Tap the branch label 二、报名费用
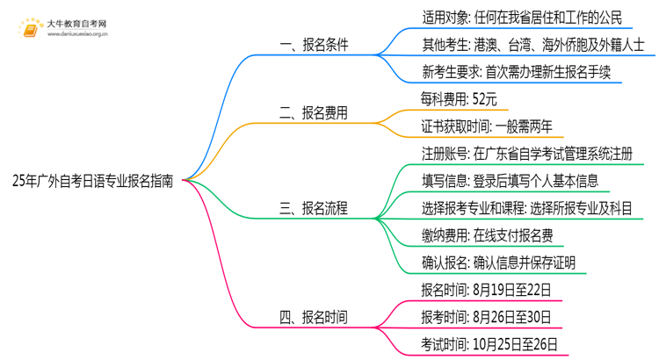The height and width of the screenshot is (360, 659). tap(314, 112)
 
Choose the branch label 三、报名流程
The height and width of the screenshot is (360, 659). tap(314, 207)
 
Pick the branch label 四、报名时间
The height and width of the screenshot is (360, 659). tap(314, 316)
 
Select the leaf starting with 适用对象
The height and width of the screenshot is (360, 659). tap(522, 15)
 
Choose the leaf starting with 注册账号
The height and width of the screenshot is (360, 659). tap(526, 153)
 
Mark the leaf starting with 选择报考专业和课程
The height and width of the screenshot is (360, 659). tap(526, 207)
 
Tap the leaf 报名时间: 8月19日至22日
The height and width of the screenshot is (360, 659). tap(486, 289)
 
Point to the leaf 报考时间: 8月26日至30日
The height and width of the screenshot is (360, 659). tap(486, 316)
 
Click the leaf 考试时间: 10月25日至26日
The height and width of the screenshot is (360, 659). tap(489, 343)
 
